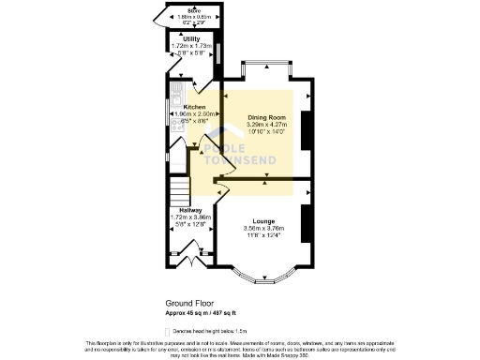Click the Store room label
[194, 9]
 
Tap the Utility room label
[191, 38]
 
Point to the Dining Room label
[265, 117]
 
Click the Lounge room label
[262, 220]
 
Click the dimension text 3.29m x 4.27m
[265, 125]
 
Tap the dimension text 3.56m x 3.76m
[262, 228]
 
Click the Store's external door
[157, 18]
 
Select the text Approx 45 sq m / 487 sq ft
[202, 313]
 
